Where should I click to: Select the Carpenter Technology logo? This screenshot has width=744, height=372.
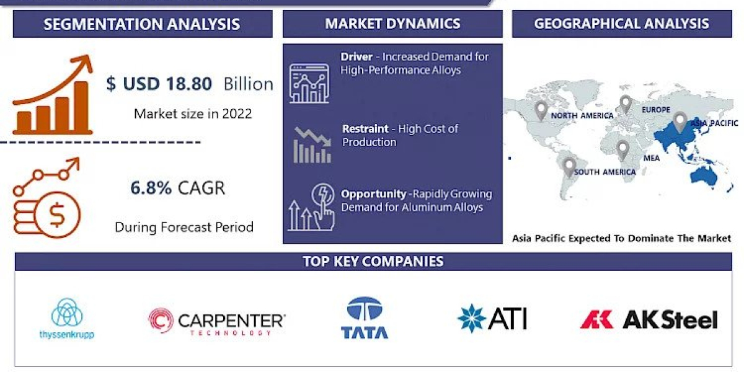[216, 321]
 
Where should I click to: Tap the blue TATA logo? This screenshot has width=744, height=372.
[365, 318]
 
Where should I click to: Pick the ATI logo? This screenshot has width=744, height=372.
[492, 318]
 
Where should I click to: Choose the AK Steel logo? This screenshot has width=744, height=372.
[649, 319]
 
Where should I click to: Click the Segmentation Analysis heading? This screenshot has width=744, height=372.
[142, 24]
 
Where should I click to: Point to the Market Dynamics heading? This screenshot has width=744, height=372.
[392, 24]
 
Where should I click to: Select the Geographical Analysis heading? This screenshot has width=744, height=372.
[621, 24]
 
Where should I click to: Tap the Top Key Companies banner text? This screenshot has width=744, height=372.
[373, 261]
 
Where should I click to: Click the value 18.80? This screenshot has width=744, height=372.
[185, 84]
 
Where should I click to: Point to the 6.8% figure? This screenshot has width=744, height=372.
[151, 188]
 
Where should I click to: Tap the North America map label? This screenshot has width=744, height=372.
[582, 115]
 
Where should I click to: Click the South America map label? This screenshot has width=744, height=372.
[604, 172]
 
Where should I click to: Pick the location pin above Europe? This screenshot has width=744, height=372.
[626, 104]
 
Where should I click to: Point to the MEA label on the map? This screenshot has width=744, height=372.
[651, 159]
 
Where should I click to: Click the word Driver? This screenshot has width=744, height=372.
[356, 57]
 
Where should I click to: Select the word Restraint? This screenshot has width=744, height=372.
[365, 129]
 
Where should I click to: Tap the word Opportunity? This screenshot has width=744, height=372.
[373, 194]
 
